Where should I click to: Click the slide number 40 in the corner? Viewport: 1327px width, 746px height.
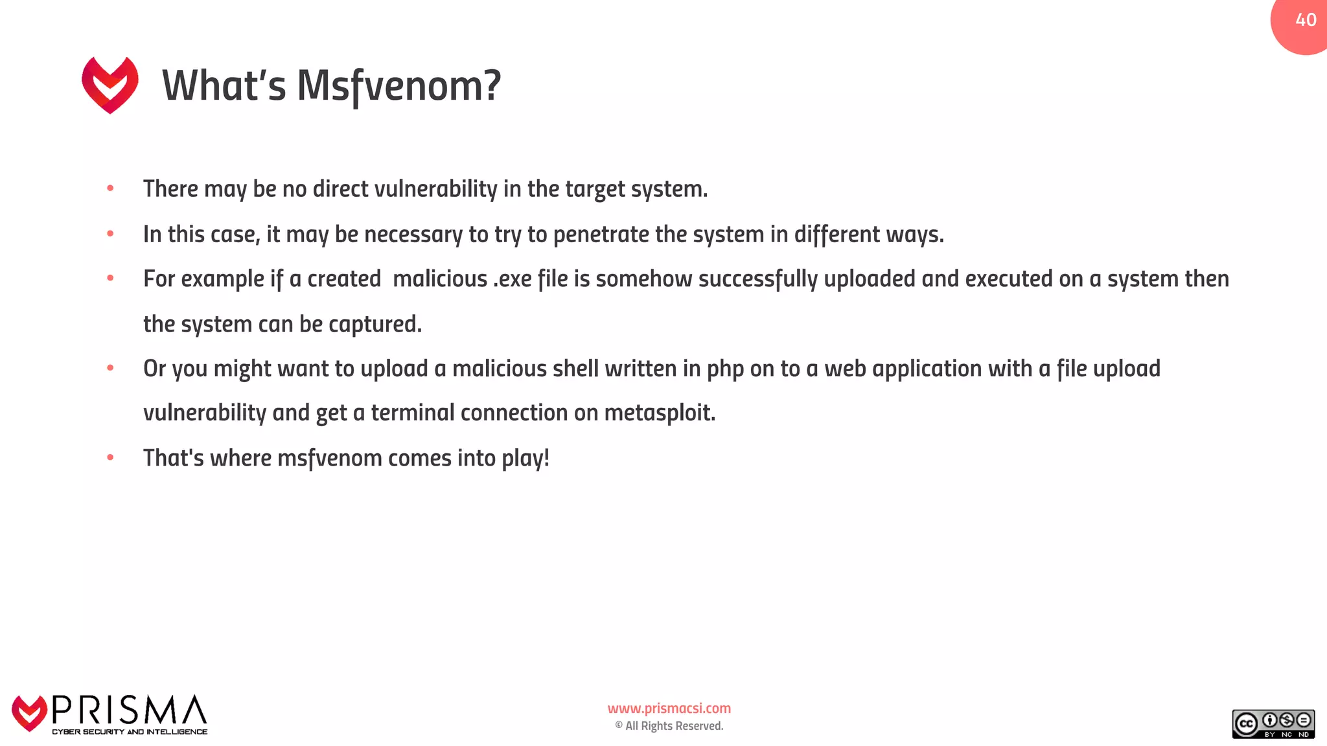point(1306,20)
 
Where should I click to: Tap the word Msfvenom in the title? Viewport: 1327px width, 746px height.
point(398,86)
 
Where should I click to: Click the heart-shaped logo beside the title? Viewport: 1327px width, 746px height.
point(110,85)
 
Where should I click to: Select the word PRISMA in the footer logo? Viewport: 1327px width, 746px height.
point(129,710)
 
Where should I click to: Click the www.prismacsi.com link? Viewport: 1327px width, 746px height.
point(669,708)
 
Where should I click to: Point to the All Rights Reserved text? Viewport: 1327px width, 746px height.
point(674,726)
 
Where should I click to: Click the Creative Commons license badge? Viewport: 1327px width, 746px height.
point(1273,724)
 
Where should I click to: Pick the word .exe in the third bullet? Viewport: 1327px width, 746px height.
point(513,279)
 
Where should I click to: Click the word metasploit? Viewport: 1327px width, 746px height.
point(659,413)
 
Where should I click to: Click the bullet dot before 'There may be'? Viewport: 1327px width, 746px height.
point(111,188)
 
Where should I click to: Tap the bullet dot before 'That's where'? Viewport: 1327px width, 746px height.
point(111,458)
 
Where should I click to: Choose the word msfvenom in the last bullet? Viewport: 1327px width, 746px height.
point(330,458)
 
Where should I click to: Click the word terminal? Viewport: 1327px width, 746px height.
point(413,413)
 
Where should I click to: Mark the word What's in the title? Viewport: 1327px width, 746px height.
point(224,86)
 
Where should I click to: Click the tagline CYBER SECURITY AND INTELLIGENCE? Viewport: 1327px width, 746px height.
point(130,732)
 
